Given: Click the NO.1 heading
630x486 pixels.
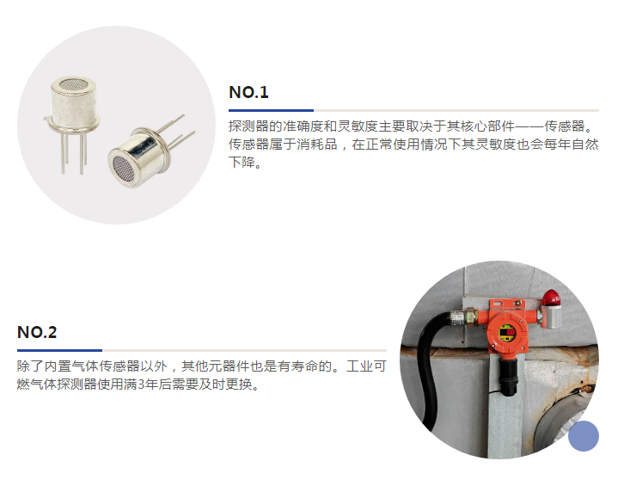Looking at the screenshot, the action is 248,92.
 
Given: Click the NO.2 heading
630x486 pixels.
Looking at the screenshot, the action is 37,332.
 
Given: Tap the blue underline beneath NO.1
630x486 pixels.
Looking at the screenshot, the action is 272,110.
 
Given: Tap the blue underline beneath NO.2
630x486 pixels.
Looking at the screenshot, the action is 60,351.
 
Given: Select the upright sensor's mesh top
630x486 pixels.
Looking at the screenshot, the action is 74,83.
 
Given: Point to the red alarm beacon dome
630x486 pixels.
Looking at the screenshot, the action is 551,298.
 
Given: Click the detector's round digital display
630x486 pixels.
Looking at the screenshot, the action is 507,333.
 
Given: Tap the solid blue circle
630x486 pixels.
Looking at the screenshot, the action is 584,436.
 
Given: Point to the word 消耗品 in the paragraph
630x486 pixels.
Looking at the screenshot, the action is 317,145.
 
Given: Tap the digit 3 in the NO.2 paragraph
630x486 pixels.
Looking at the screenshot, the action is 141,384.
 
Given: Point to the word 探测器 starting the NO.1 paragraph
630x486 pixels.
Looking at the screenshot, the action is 248,126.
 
